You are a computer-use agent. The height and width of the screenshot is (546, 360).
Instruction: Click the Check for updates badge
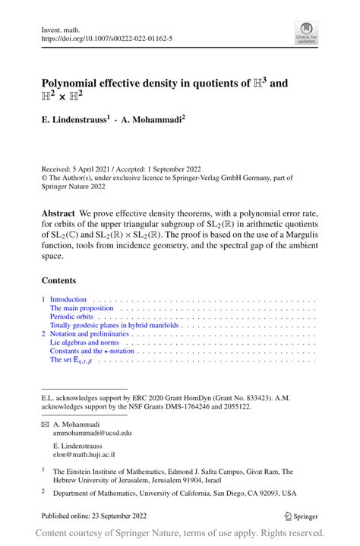pos(306,33)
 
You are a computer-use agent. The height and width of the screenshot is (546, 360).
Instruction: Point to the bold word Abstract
pos(58,213)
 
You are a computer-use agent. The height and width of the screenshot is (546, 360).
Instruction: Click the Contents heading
pos(59,279)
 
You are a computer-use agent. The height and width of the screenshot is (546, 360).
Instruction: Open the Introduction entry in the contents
pos(68,299)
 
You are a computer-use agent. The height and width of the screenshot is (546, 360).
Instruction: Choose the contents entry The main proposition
pos(81,309)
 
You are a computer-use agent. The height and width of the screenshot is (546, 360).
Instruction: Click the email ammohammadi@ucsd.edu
pos(93,432)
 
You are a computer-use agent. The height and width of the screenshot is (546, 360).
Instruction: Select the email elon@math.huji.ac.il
pos(84,454)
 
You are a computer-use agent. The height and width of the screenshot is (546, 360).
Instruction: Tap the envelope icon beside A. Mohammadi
pos(44,423)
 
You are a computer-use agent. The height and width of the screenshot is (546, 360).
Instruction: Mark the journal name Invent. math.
pos(63,29)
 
